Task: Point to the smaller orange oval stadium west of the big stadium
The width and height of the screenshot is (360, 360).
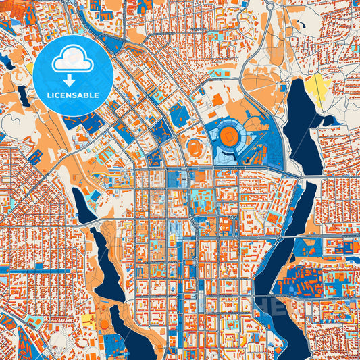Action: tap(196, 147)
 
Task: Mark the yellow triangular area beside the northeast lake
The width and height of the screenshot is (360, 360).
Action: tap(315, 88)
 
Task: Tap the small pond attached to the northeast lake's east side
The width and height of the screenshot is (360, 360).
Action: tap(329, 121)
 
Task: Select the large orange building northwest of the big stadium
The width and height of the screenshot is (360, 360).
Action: tap(217, 99)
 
